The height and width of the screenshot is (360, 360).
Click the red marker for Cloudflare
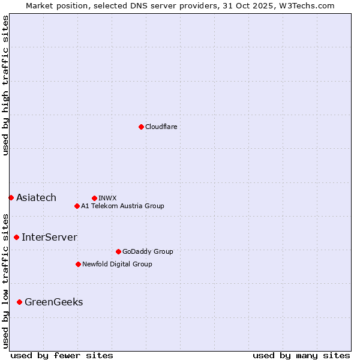point(141,127)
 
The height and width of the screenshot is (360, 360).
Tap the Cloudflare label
point(161,127)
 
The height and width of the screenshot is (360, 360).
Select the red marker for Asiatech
point(11,197)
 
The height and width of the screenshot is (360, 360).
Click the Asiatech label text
point(36,197)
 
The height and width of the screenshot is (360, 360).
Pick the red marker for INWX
point(94,198)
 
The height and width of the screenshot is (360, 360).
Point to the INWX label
point(107,198)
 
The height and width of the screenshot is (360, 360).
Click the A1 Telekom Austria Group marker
point(77,206)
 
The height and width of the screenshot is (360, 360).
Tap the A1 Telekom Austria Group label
point(122,206)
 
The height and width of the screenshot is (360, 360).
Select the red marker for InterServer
point(16,237)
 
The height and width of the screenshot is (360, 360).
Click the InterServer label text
point(49,237)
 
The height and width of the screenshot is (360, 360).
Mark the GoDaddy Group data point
point(118,251)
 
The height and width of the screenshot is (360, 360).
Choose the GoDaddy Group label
point(148,251)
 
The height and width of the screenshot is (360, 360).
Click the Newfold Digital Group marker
point(78,264)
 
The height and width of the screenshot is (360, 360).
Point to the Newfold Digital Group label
point(117,264)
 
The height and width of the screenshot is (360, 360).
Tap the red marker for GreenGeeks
point(19,302)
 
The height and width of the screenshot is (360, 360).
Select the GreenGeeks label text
point(53,302)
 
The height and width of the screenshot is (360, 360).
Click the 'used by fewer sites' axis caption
point(62,355)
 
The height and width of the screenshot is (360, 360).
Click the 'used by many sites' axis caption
point(301,355)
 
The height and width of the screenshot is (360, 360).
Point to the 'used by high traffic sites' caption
point(5,85)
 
